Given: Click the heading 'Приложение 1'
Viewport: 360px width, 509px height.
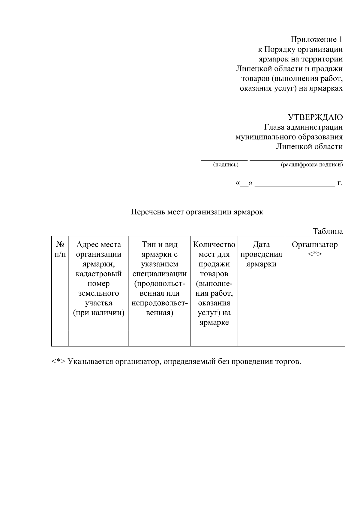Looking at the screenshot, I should click(316, 40).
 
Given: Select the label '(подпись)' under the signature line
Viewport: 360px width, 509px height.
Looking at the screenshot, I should click(226, 165).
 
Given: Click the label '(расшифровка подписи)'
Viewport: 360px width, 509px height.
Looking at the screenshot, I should click(312, 165).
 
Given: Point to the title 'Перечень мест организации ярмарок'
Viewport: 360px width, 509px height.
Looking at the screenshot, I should click(197, 212).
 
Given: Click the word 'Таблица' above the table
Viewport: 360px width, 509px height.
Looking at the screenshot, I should click(328, 231).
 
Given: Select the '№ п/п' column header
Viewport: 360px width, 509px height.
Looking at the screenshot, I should click(60, 249).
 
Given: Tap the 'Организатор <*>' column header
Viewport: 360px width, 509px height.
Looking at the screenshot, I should click(315, 249).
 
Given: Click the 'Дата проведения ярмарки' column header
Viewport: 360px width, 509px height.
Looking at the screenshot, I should click(261, 254).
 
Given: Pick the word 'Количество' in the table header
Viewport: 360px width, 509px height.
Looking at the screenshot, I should click(214, 244).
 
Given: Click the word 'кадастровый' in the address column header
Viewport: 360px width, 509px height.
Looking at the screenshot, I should click(99, 274).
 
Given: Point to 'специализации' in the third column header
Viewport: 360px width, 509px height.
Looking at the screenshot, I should click(160, 274).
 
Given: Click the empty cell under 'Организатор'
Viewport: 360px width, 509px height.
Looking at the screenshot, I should click(315, 338).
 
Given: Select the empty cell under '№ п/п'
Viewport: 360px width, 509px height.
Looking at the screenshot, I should click(60, 338).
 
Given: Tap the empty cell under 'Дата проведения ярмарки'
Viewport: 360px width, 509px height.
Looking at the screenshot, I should click(261, 338).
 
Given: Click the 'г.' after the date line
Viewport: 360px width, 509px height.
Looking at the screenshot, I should click(340, 183).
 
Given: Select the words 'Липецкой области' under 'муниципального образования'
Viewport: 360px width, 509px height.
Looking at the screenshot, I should click(309, 147).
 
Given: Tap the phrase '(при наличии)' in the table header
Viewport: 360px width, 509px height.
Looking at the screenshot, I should click(99, 313).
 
